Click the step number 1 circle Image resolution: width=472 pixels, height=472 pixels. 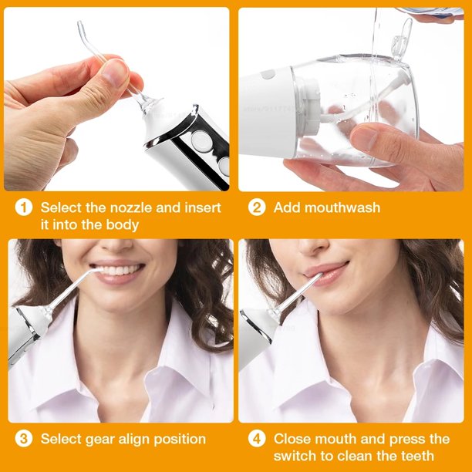click(24, 207)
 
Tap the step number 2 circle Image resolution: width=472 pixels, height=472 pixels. click(257, 207)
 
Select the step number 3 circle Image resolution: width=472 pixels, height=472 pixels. click(24, 439)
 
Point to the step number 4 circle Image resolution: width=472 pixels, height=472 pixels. click(257, 439)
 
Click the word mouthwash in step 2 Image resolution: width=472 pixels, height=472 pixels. click(342, 207)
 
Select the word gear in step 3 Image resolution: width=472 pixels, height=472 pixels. click(100, 440)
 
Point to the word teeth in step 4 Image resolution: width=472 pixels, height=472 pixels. click(417, 456)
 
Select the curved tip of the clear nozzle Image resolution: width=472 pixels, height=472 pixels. click(82, 29)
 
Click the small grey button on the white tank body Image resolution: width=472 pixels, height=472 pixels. click(268, 74)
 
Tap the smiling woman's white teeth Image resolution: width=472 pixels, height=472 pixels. click(119, 269)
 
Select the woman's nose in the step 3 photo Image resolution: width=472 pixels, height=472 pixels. click(116, 245)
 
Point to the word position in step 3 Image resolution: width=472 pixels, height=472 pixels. click(180, 439)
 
